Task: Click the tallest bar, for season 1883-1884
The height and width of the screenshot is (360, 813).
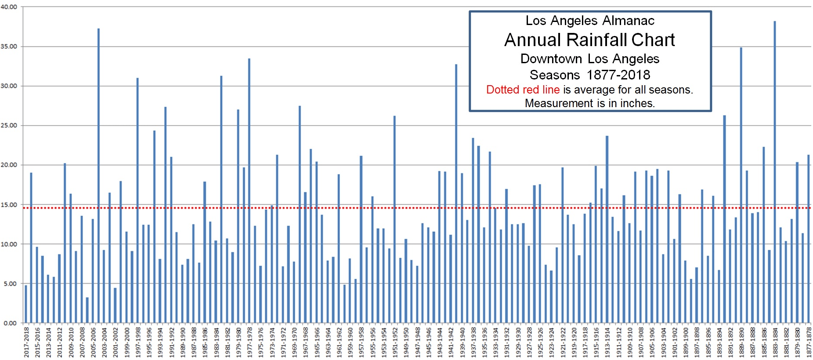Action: coord(774,171)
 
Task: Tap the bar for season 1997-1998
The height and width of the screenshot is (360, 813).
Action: coord(137,200)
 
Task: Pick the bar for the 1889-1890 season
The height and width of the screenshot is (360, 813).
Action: coord(741,184)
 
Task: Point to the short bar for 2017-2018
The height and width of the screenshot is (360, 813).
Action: coord(26,304)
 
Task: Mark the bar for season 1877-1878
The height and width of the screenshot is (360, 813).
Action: coord(808,239)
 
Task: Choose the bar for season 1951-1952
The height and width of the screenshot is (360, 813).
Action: coord(394,220)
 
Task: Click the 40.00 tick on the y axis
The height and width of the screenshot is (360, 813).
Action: coord(9,7)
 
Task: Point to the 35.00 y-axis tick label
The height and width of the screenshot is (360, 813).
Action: coord(9,47)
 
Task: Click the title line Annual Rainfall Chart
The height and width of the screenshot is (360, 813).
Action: coord(589,40)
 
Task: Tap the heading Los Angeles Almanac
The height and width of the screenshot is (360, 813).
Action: coord(589,21)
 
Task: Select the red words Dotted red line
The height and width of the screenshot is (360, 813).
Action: coord(523,90)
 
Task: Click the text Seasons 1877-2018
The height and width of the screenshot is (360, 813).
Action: coord(589,75)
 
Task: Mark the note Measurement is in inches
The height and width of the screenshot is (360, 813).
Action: coord(589,103)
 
